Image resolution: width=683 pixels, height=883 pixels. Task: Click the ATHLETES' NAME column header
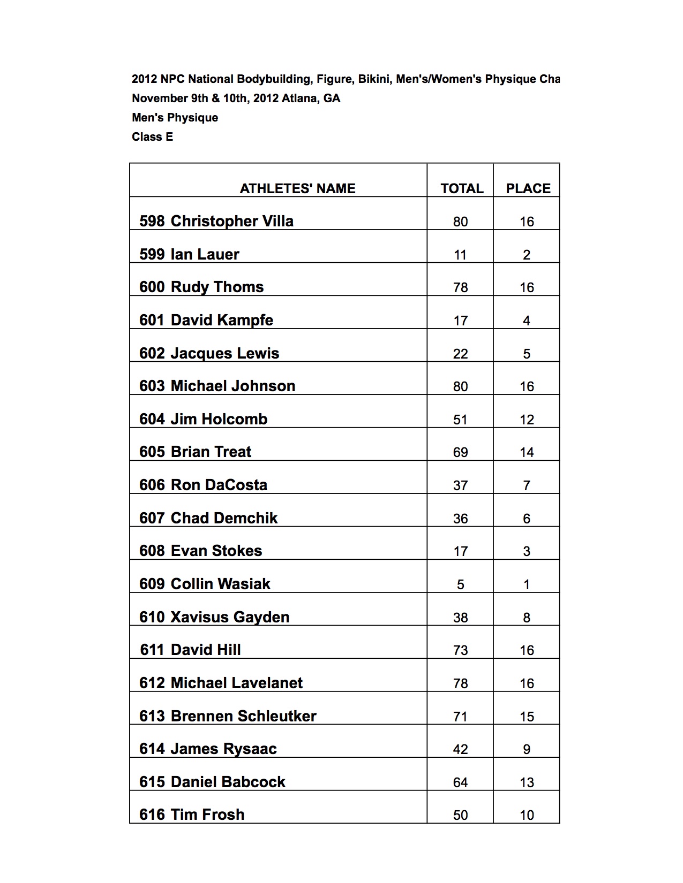tap(297, 188)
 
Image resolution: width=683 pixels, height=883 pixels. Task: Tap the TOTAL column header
tap(461, 188)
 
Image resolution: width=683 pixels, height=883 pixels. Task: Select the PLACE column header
tap(528, 188)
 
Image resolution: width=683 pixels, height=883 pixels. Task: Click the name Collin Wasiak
tap(220, 584)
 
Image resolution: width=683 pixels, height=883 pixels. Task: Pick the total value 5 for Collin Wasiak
tap(460, 584)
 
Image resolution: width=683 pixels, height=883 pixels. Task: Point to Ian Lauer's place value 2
tap(527, 255)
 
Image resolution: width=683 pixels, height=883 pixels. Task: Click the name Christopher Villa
tap(231, 221)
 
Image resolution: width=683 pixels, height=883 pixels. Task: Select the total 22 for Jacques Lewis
tap(460, 354)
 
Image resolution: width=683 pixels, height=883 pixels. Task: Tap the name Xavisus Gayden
tap(229, 617)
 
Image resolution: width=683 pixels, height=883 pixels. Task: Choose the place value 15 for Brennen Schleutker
tap(527, 717)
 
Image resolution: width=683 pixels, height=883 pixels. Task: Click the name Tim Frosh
tap(207, 815)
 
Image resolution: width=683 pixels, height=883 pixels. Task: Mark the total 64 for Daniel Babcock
tap(460, 782)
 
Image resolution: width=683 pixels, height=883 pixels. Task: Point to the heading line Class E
tap(152, 137)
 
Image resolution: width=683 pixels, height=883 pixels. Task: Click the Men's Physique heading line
tap(175, 118)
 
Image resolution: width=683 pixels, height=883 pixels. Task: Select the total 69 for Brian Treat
tap(460, 452)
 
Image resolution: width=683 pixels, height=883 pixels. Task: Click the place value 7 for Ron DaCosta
tap(527, 485)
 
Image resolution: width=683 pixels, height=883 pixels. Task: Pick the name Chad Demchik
tap(224, 518)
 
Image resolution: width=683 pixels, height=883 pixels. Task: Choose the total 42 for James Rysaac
tap(460, 749)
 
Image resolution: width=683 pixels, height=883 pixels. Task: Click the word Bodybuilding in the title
tap(273, 79)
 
